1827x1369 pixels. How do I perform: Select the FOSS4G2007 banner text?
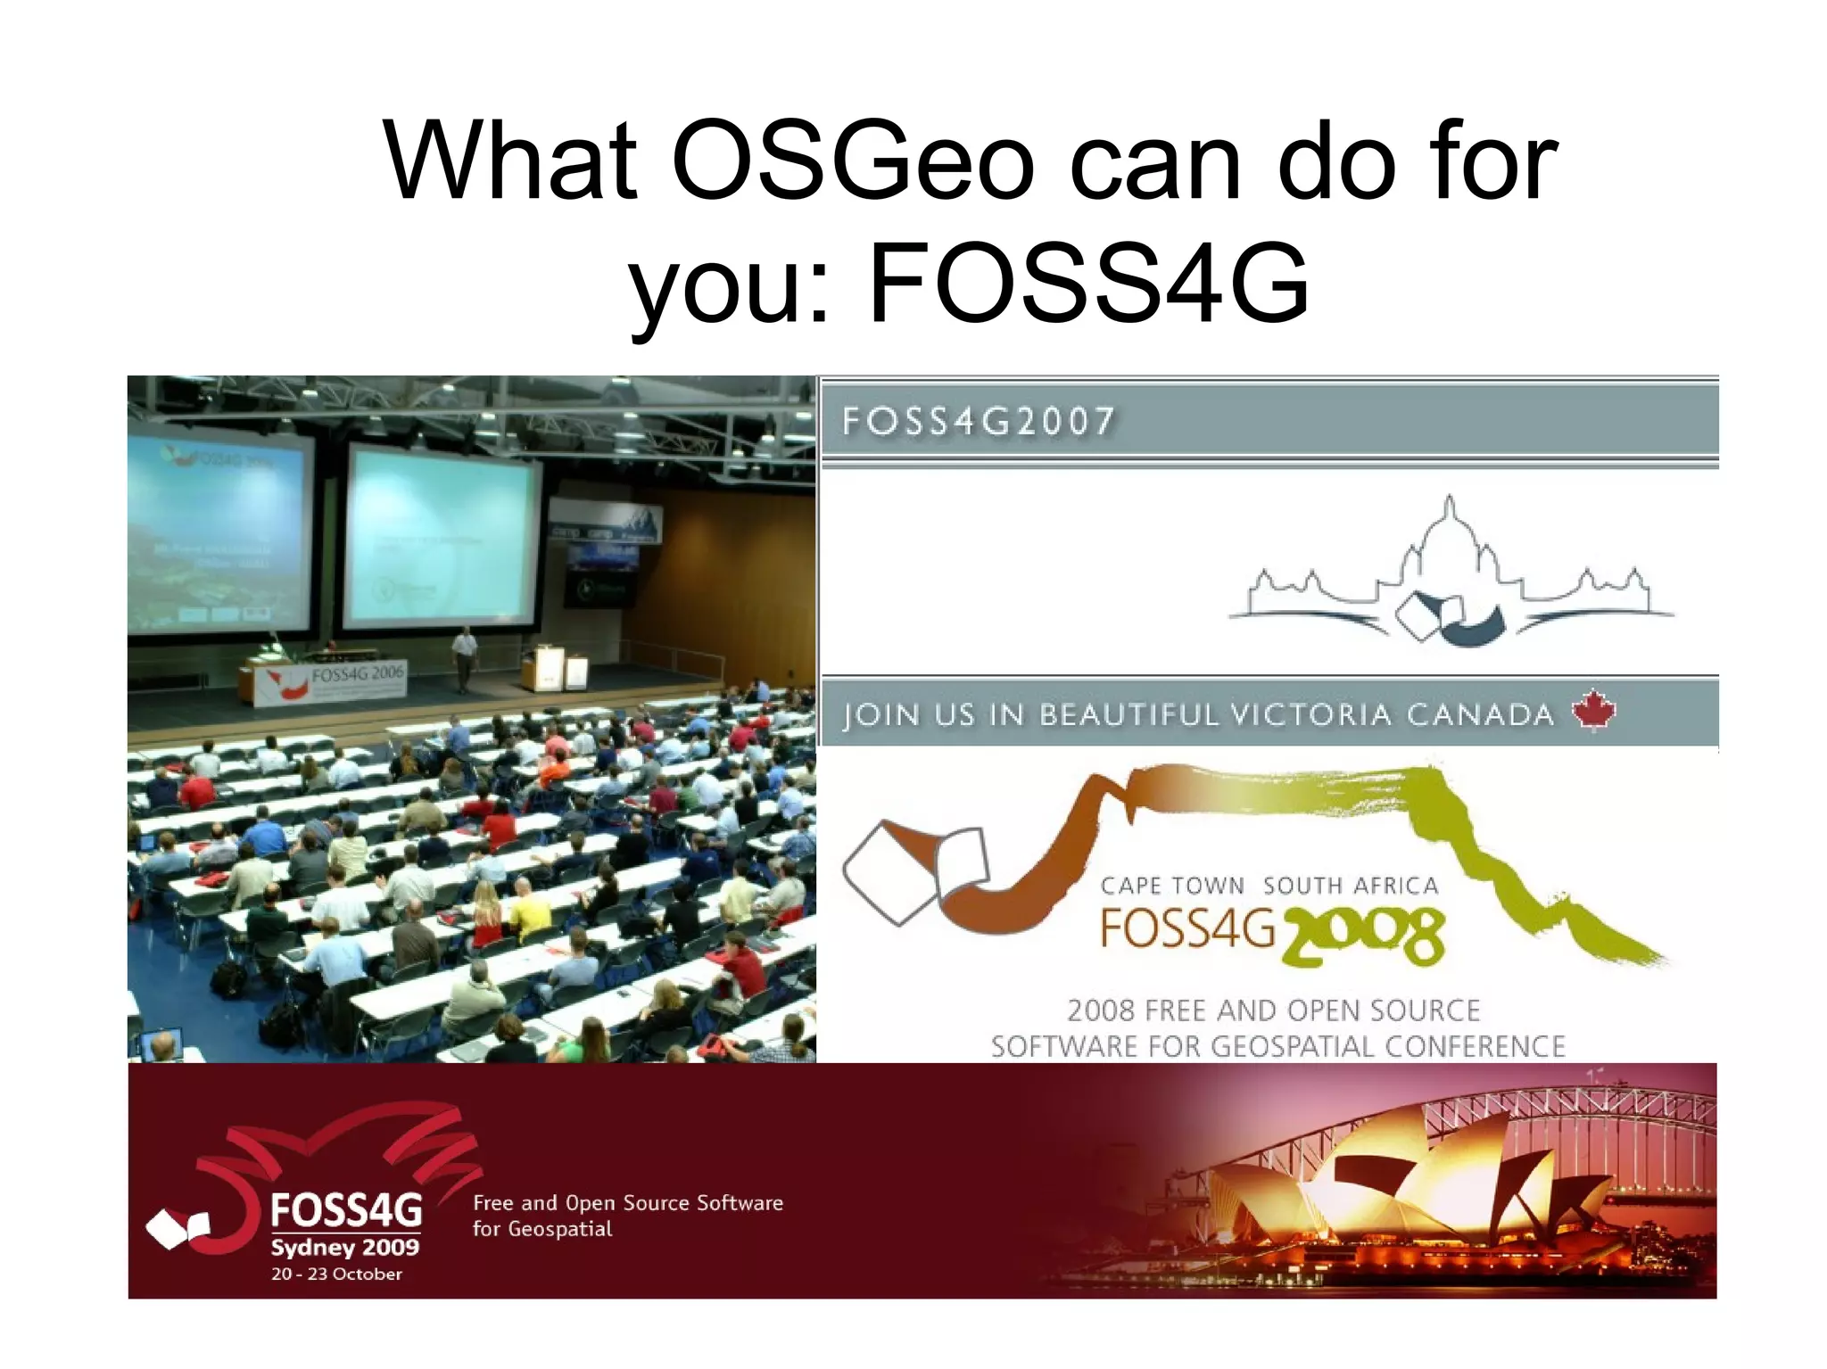coord(978,421)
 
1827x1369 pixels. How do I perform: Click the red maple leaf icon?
coord(1593,710)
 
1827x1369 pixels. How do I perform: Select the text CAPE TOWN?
coord(1171,886)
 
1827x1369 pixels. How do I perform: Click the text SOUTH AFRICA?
coord(1351,886)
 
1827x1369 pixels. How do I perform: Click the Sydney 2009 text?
coord(344,1247)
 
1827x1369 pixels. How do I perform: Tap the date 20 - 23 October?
coord(336,1274)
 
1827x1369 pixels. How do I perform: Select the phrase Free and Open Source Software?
coord(627,1202)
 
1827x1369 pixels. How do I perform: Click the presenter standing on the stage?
coord(464,657)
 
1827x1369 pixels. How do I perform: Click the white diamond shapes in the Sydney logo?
coord(178,1229)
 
